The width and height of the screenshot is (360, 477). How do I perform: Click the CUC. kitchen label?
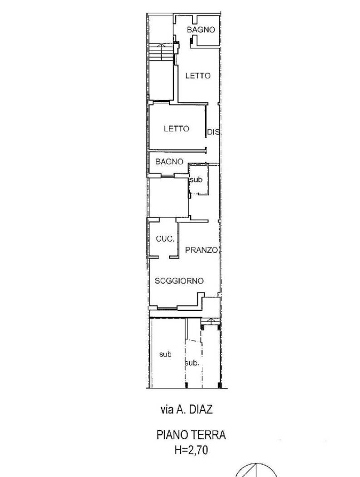164,239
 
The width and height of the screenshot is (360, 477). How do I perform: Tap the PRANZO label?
202,250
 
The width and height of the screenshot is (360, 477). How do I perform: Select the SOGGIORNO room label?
179,281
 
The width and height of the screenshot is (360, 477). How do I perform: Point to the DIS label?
213,133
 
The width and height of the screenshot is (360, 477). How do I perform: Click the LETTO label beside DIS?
176,129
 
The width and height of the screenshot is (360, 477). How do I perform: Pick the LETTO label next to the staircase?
197,76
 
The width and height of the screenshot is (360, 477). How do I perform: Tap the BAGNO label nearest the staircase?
201,30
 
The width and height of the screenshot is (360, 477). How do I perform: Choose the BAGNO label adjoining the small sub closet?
169,162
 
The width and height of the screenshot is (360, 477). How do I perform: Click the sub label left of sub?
165,354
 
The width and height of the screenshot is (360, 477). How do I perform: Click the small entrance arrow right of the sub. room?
210,321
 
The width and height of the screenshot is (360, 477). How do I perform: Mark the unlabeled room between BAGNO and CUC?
168,197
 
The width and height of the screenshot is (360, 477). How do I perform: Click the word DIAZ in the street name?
200,410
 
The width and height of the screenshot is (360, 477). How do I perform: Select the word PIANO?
172,435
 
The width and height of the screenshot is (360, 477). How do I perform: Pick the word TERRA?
208,435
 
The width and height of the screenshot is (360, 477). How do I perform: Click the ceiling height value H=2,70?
191,450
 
